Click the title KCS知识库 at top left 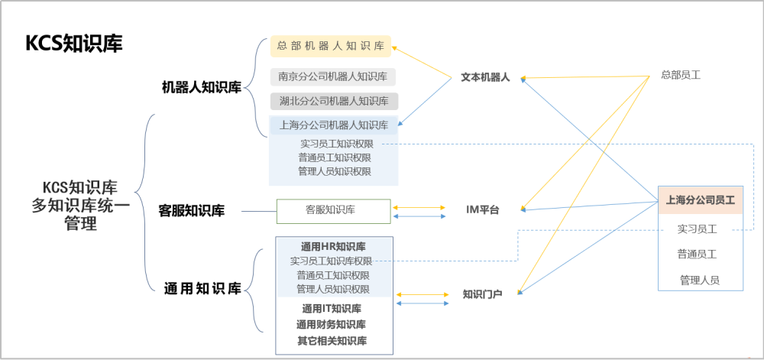coord(73,44)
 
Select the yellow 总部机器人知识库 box coord(331,47)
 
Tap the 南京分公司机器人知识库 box coord(333,76)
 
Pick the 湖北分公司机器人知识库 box coord(335,102)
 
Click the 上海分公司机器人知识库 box coord(335,125)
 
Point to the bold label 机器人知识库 coord(202,88)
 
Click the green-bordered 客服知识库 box coord(334,211)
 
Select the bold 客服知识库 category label coord(192,212)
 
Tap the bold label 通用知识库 coord(202,289)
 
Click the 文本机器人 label coord(485,77)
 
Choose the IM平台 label coord(482,210)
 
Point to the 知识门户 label coord(482,294)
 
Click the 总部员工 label coord(681,75)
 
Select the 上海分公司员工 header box coord(701,199)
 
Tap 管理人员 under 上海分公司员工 coord(700,280)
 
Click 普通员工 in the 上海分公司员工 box coord(697,255)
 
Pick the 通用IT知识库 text coord(332,308)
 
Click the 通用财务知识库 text coord(332,324)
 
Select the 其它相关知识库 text coord(332,341)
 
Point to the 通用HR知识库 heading coord(333,246)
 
